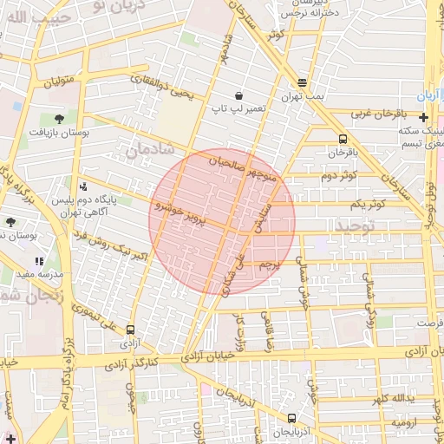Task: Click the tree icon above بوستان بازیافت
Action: pyautogui.click(x=58, y=117)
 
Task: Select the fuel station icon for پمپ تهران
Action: pyautogui.click(x=302, y=83)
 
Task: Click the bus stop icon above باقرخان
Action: pyautogui.click(x=343, y=139)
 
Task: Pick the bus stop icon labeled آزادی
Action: pyautogui.click(x=130, y=330)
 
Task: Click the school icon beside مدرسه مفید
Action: pyautogui.click(x=39, y=260)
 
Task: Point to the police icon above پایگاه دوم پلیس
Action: pyautogui.click(x=83, y=186)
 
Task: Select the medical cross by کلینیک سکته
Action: pyautogui.click(x=423, y=117)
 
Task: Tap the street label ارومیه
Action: pyautogui.click(x=405, y=422)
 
